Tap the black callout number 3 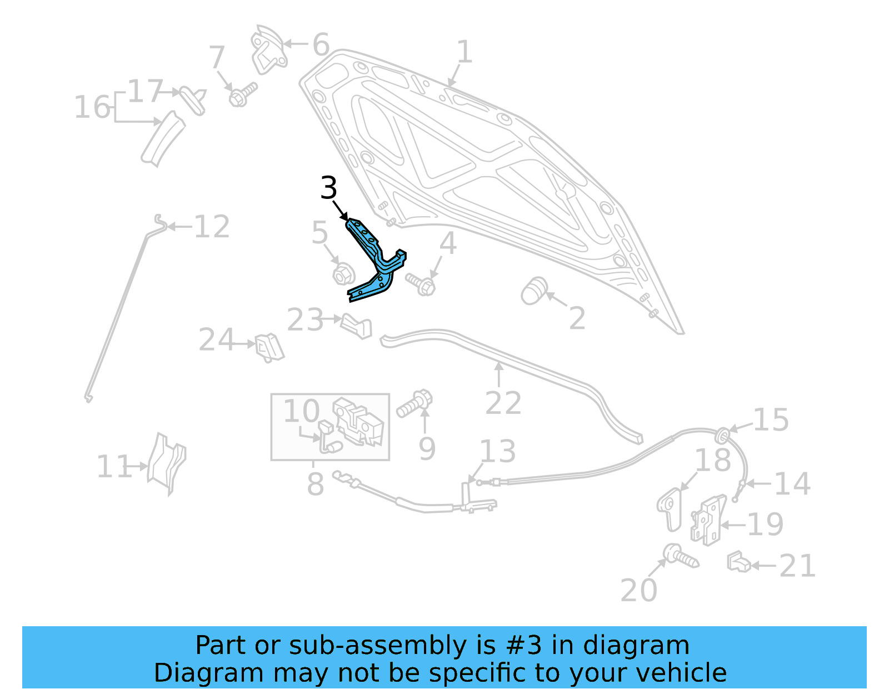(x=328, y=188)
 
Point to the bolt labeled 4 (x=421, y=284)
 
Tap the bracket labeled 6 (x=268, y=50)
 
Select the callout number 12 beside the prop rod (x=212, y=227)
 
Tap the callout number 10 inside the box (x=302, y=411)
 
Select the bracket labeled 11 (x=167, y=463)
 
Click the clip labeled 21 (x=738, y=562)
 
